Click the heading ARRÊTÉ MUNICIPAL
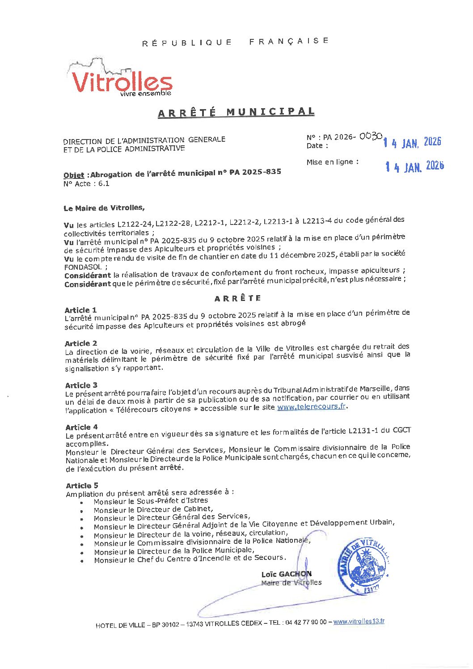coord(236,112)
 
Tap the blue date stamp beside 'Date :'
coord(412,143)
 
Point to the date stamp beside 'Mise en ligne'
coord(414,166)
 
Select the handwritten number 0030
coord(371,136)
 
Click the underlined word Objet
coord(74,175)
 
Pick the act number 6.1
coord(104,183)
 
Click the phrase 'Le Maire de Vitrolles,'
coord(104,208)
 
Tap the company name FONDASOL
coord(83,267)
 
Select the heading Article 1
coord(80,310)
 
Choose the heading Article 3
coord(81,385)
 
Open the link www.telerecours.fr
coord(312,406)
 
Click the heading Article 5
coord(82,486)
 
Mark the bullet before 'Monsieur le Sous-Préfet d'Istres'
coord(81,503)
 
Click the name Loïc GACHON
coord(287,574)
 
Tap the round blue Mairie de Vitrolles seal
coord(363,565)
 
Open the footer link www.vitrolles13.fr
coord(359,621)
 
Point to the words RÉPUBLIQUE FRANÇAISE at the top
coord(236,42)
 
